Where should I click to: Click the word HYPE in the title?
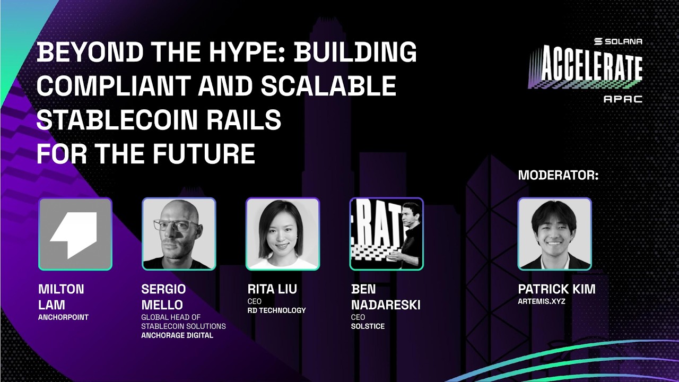click(x=249, y=53)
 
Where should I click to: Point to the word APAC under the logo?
click(x=622, y=99)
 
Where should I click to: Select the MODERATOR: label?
click(x=558, y=176)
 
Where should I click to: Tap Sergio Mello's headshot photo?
click(x=178, y=234)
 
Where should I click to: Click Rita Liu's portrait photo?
click(x=282, y=234)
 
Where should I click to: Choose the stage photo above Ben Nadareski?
click(x=386, y=234)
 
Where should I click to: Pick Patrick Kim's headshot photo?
click(x=554, y=234)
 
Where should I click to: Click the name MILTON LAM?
click(x=61, y=297)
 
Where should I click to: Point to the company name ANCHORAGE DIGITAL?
click(x=177, y=335)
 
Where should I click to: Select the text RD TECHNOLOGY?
click(x=276, y=310)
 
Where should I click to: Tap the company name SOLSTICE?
click(x=368, y=326)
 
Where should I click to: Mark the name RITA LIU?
click(x=272, y=289)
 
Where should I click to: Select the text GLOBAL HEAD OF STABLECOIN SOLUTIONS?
click(x=184, y=322)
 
